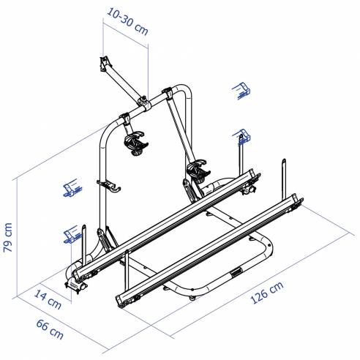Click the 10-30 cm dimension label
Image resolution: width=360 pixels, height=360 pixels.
[124, 12]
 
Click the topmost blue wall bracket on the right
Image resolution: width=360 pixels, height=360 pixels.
[241, 90]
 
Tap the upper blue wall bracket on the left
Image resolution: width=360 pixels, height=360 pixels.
[71, 188]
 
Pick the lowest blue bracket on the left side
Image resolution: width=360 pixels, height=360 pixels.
[71, 234]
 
